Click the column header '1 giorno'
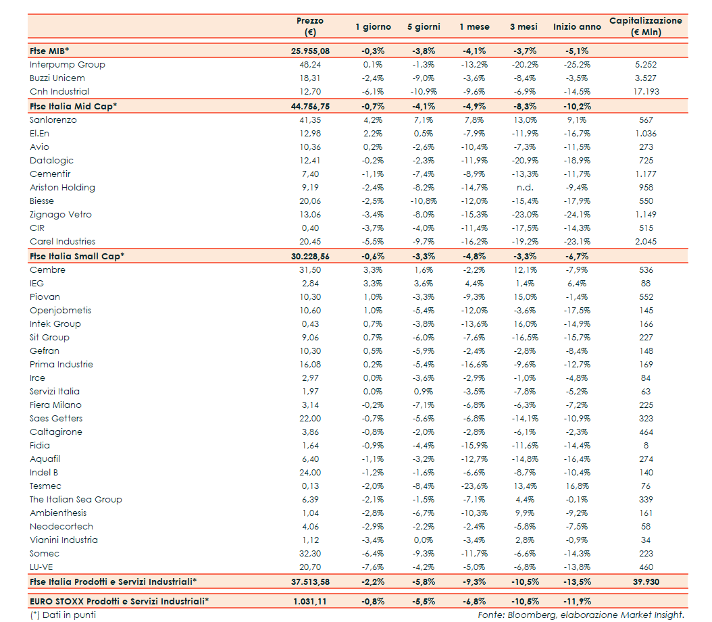[x=373, y=27]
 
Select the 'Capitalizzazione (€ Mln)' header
[x=645, y=26]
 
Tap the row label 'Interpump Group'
[x=68, y=65]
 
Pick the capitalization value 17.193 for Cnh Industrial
[x=645, y=92]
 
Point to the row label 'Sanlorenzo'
[x=53, y=120]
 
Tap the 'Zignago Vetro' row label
[x=61, y=215]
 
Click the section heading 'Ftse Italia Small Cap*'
[x=77, y=256]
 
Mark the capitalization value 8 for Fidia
[x=646, y=446]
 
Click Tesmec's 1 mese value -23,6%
[x=474, y=486]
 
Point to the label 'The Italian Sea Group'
[x=76, y=500]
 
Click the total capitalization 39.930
[x=645, y=581]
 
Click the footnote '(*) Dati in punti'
[x=63, y=615]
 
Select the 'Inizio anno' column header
[x=576, y=27]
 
